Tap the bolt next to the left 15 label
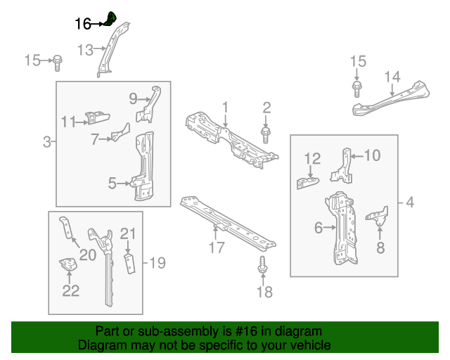pos(58,61)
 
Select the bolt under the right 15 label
pos(357,89)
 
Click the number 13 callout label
pos(84,50)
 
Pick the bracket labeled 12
pos(307,181)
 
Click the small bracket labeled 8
pos(380,217)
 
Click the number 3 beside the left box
pos(46,143)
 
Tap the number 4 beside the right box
pos(410,204)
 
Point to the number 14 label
pos(392,77)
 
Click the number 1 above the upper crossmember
pos(226,108)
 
